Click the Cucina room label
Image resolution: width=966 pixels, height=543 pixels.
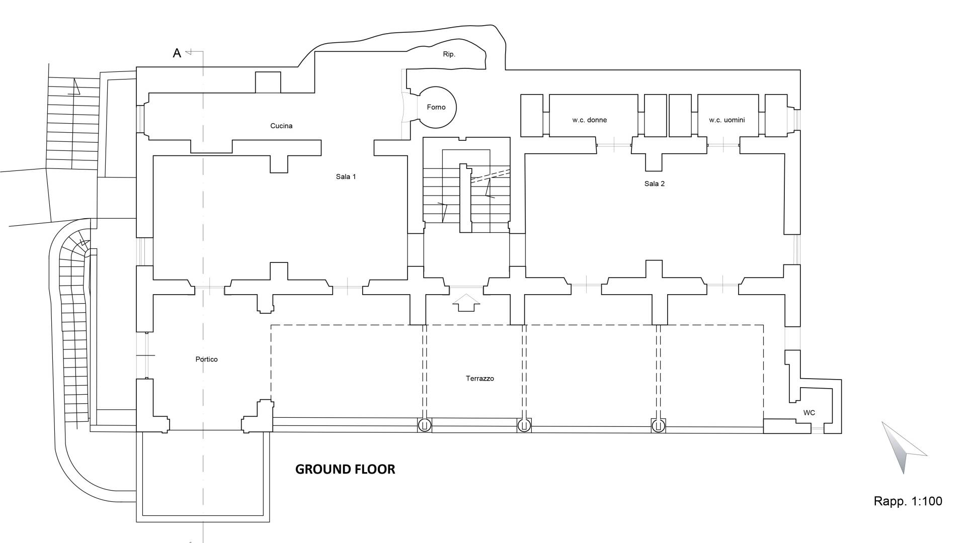point(281,126)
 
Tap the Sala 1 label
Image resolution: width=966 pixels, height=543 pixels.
point(346,176)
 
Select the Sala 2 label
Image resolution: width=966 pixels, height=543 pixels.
point(654,184)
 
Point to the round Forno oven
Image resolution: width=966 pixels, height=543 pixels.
point(436,108)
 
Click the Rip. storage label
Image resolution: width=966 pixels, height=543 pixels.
point(449,54)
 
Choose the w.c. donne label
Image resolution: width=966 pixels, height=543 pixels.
point(590,120)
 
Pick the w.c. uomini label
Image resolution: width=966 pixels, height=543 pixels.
point(727,120)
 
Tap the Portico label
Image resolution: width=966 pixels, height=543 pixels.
point(206,359)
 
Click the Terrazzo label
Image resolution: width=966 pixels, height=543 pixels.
point(479,379)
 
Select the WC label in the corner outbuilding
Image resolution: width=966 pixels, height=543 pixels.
point(809,413)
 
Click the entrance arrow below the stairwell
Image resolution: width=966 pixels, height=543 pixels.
point(466,303)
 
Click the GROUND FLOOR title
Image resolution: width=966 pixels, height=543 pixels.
point(345,469)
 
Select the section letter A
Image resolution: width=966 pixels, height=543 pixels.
point(177,53)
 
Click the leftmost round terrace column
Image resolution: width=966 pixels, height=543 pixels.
point(424,425)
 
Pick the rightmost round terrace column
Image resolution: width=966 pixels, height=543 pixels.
point(658,426)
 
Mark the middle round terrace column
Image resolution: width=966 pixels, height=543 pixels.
point(524,425)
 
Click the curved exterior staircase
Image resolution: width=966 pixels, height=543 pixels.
point(70,322)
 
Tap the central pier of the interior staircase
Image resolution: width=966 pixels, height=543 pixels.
point(465,198)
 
